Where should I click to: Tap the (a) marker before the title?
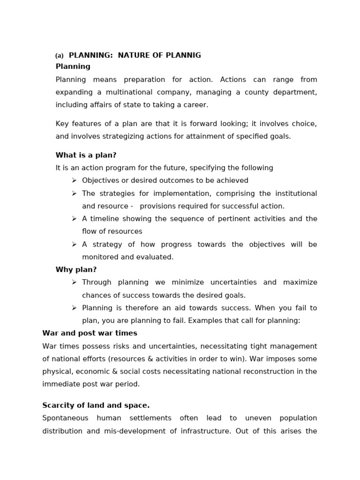[60, 56]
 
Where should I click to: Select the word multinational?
[115, 92]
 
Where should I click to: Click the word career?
[196, 105]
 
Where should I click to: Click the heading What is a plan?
[86, 155]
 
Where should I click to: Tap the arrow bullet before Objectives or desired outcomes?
[74, 180]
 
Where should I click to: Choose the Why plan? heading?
[76, 270]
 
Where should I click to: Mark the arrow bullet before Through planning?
[74, 282]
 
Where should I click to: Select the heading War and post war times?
[90, 333]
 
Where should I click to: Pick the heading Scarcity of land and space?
[96, 405]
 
